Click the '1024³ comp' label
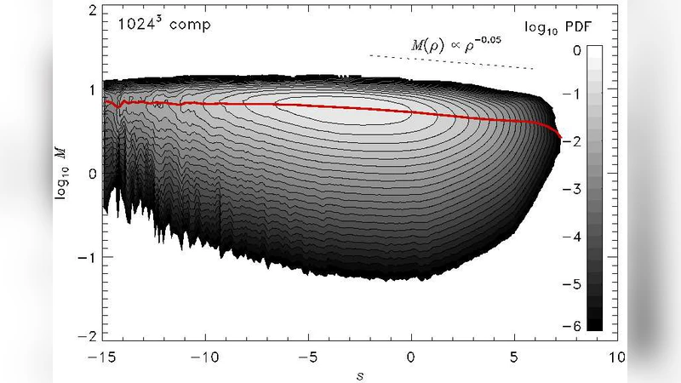pyautogui.click(x=163, y=24)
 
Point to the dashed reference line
pyautogui.click(x=451, y=62)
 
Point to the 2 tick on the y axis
pyautogui.click(x=90, y=10)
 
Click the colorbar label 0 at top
pyautogui.click(x=577, y=51)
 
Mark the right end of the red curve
pyautogui.click(x=561, y=137)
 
